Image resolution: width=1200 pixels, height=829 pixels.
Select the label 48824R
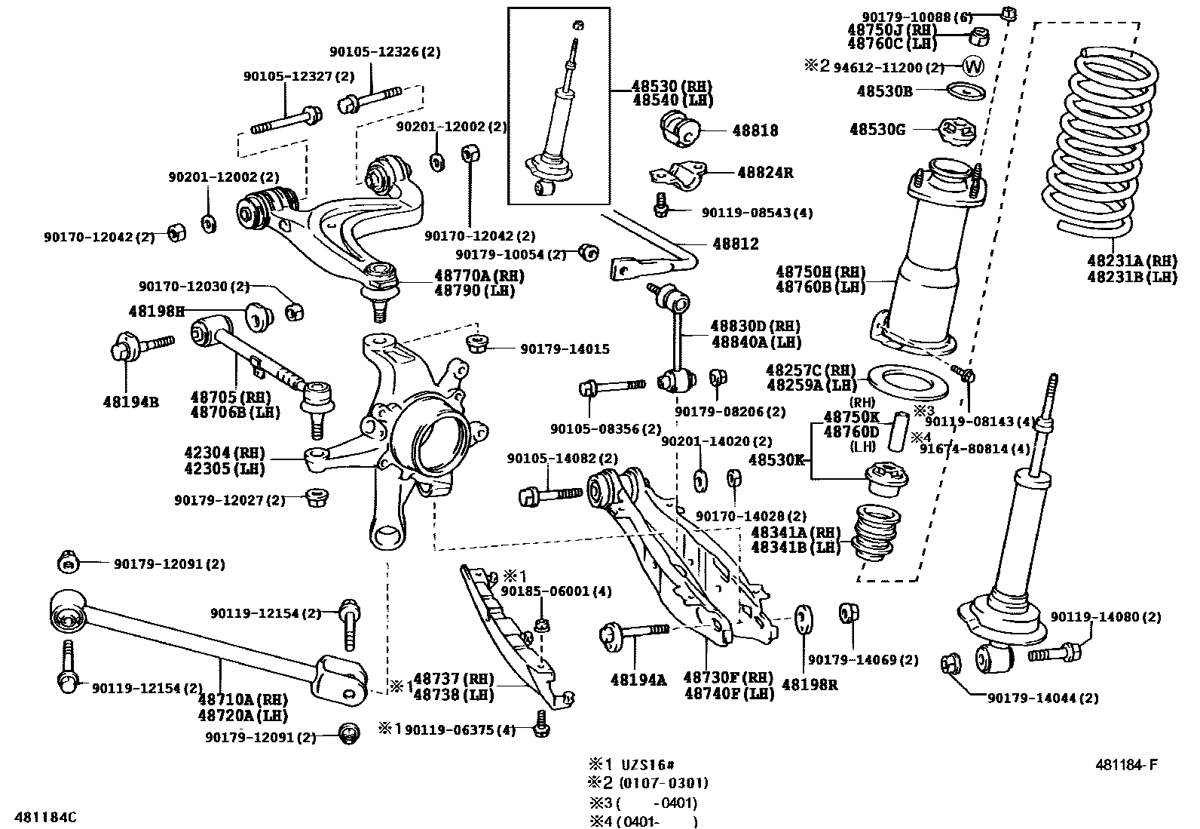tap(764, 172)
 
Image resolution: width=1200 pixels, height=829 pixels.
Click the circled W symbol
tap(974, 66)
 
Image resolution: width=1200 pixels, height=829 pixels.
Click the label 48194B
tap(130, 402)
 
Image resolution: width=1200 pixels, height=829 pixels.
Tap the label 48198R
tap(810, 684)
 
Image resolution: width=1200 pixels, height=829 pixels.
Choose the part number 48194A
tap(638, 680)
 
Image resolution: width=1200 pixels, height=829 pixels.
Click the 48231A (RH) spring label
tap(1131, 261)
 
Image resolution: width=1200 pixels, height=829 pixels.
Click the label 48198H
tap(156, 311)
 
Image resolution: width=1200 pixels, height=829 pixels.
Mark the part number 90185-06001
tap(556, 591)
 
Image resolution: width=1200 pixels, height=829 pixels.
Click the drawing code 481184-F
tap(1126, 765)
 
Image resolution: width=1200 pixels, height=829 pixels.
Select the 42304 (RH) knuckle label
tap(224, 453)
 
